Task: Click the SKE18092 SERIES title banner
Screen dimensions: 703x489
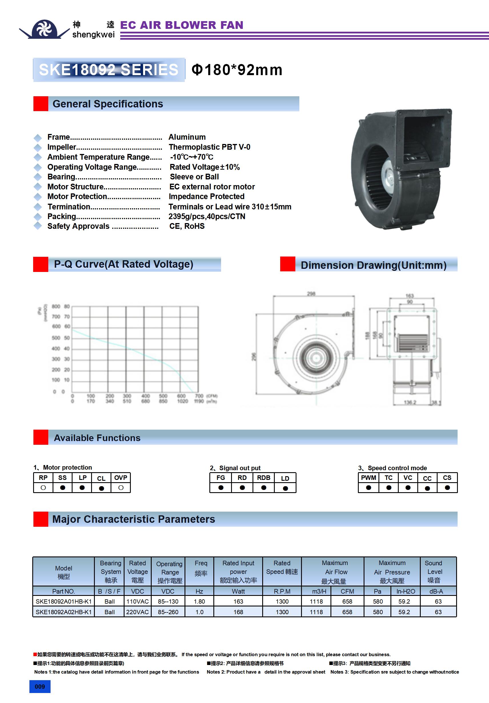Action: [x=109, y=70]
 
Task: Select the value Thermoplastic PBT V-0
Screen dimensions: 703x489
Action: [x=209, y=147]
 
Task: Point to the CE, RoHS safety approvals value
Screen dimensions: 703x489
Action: [x=187, y=226]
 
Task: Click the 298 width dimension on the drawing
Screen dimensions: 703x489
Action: [x=311, y=294]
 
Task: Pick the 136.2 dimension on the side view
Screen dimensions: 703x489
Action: [x=410, y=402]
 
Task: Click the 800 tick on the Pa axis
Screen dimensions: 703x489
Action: [x=56, y=307]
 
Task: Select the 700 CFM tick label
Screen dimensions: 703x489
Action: [x=199, y=396]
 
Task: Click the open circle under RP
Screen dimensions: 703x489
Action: [x=43, y=488]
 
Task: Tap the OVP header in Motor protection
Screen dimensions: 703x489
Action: [x=121, y=478]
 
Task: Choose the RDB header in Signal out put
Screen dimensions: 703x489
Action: [x=263, y=478]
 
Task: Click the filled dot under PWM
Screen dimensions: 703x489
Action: [x=368, y=488]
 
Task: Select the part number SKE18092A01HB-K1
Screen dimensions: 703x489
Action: [x=64, y=601]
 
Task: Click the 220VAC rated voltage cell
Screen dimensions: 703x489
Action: [x=137, y=612]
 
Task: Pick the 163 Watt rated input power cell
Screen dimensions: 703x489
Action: [x=238, y=601]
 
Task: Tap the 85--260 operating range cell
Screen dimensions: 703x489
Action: [x=168, y=612]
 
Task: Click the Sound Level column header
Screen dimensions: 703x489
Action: [x=434, y=571]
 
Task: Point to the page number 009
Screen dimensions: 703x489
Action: [x=40, y=687]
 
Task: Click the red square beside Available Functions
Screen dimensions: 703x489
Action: [x=41, y=437]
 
